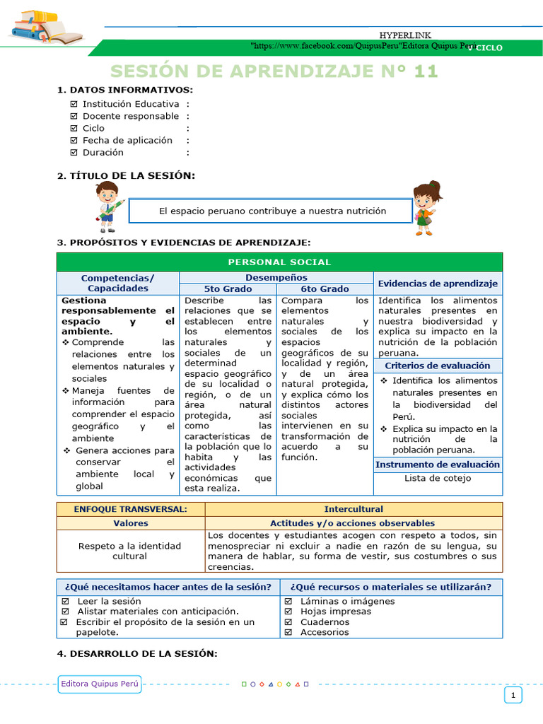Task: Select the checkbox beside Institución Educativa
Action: tap(74, 104)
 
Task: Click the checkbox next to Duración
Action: tap(74, 152)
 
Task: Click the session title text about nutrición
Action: tap(272, 211)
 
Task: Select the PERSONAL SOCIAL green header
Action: tap(279, 262)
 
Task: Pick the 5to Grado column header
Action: tap(228, 289)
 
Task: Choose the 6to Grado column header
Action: tap(325, 289)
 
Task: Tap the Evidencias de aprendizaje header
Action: tap(438, 284)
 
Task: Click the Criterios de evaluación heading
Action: tap(438, 366)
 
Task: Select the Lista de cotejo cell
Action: tap(438, 478)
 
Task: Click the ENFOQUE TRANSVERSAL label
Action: tap(130, 509)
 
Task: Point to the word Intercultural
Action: tap(354, 509)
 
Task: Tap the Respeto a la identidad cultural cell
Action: tap(130, 551)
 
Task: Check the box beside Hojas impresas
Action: tap(288, 612)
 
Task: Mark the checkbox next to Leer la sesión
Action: tap(65, 602)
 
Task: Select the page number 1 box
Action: tap(513, 696)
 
